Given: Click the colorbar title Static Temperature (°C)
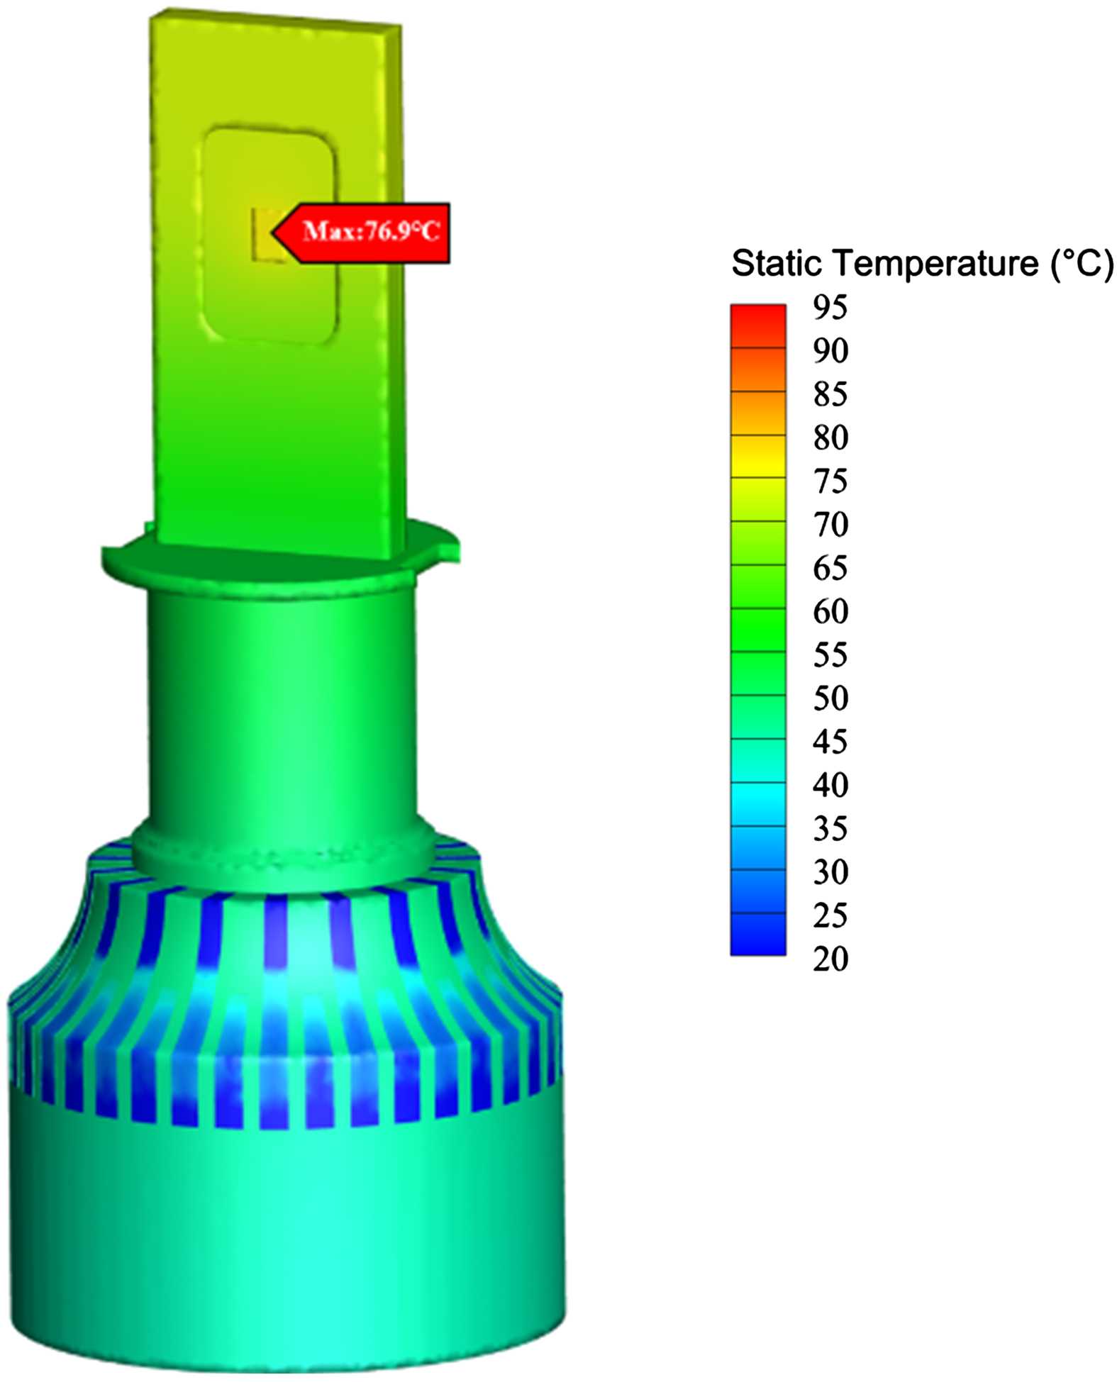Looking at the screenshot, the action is pyautogui.click(x=922, y=264).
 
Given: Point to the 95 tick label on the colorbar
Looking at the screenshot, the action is pyautogui.click(x=830, y=308).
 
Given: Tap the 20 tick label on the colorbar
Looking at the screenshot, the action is pyautogui.click(x=830, y=959).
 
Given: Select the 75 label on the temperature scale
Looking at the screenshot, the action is pyautogui.click(x=830, y=481).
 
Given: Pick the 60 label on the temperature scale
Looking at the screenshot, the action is pyautogui.click(x=830, y=611).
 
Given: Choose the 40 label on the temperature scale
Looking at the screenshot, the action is pyautogui.click(x=830, y=785).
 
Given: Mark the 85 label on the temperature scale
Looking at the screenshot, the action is pyautogui.click(x=830, y=394).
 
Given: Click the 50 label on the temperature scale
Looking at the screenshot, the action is pyautogui.click(x=830, y=698).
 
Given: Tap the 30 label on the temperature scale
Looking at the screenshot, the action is pyautogui.click(x=830, y=872).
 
